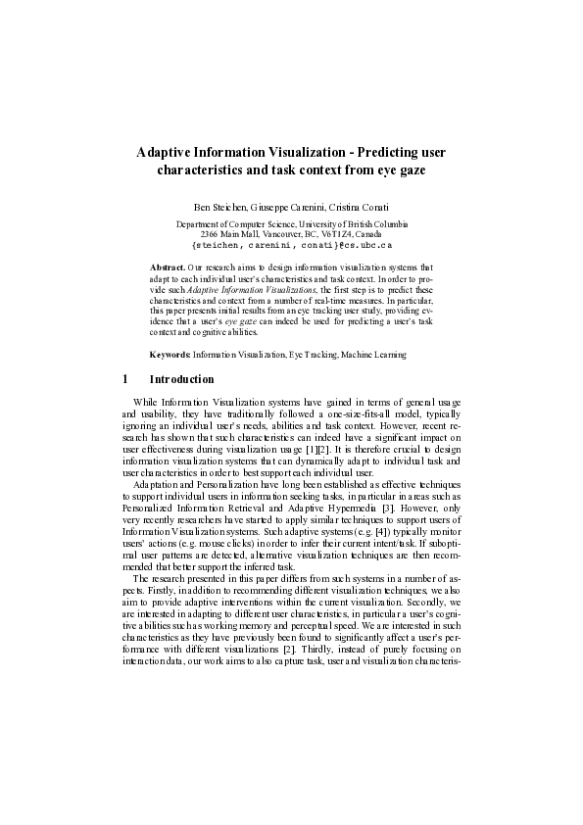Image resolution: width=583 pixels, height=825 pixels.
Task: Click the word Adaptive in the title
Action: pyautogui.click(x=163, y=152)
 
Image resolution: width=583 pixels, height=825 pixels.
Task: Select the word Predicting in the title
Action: pyautogui.click(x=382, y=152)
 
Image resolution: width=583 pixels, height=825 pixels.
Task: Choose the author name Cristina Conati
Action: pyautogui.click(x=364, y=208)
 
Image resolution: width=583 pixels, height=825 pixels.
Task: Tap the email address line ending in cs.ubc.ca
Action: pyautogui.click(x=291, y=246)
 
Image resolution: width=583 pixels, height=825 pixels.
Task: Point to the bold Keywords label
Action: pyautogui.click(x=170, y=354)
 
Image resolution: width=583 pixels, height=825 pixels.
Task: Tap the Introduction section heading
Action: pyautogui.click(x=181, y=379)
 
